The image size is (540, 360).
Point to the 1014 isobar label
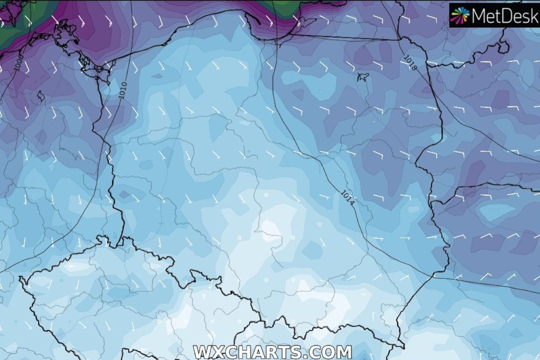tap(348, 198)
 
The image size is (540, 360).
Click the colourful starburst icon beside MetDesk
tap(460, 15)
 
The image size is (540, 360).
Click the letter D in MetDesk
tap(505, 16)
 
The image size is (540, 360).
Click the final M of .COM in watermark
tap(343, 353)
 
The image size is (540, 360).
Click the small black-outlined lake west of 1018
tap(363, 77)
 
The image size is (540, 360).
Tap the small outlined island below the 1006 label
tap(41, 97)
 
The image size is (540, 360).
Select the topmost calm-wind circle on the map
tap(266, 194)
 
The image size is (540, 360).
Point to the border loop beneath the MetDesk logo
tap(503, 47)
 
